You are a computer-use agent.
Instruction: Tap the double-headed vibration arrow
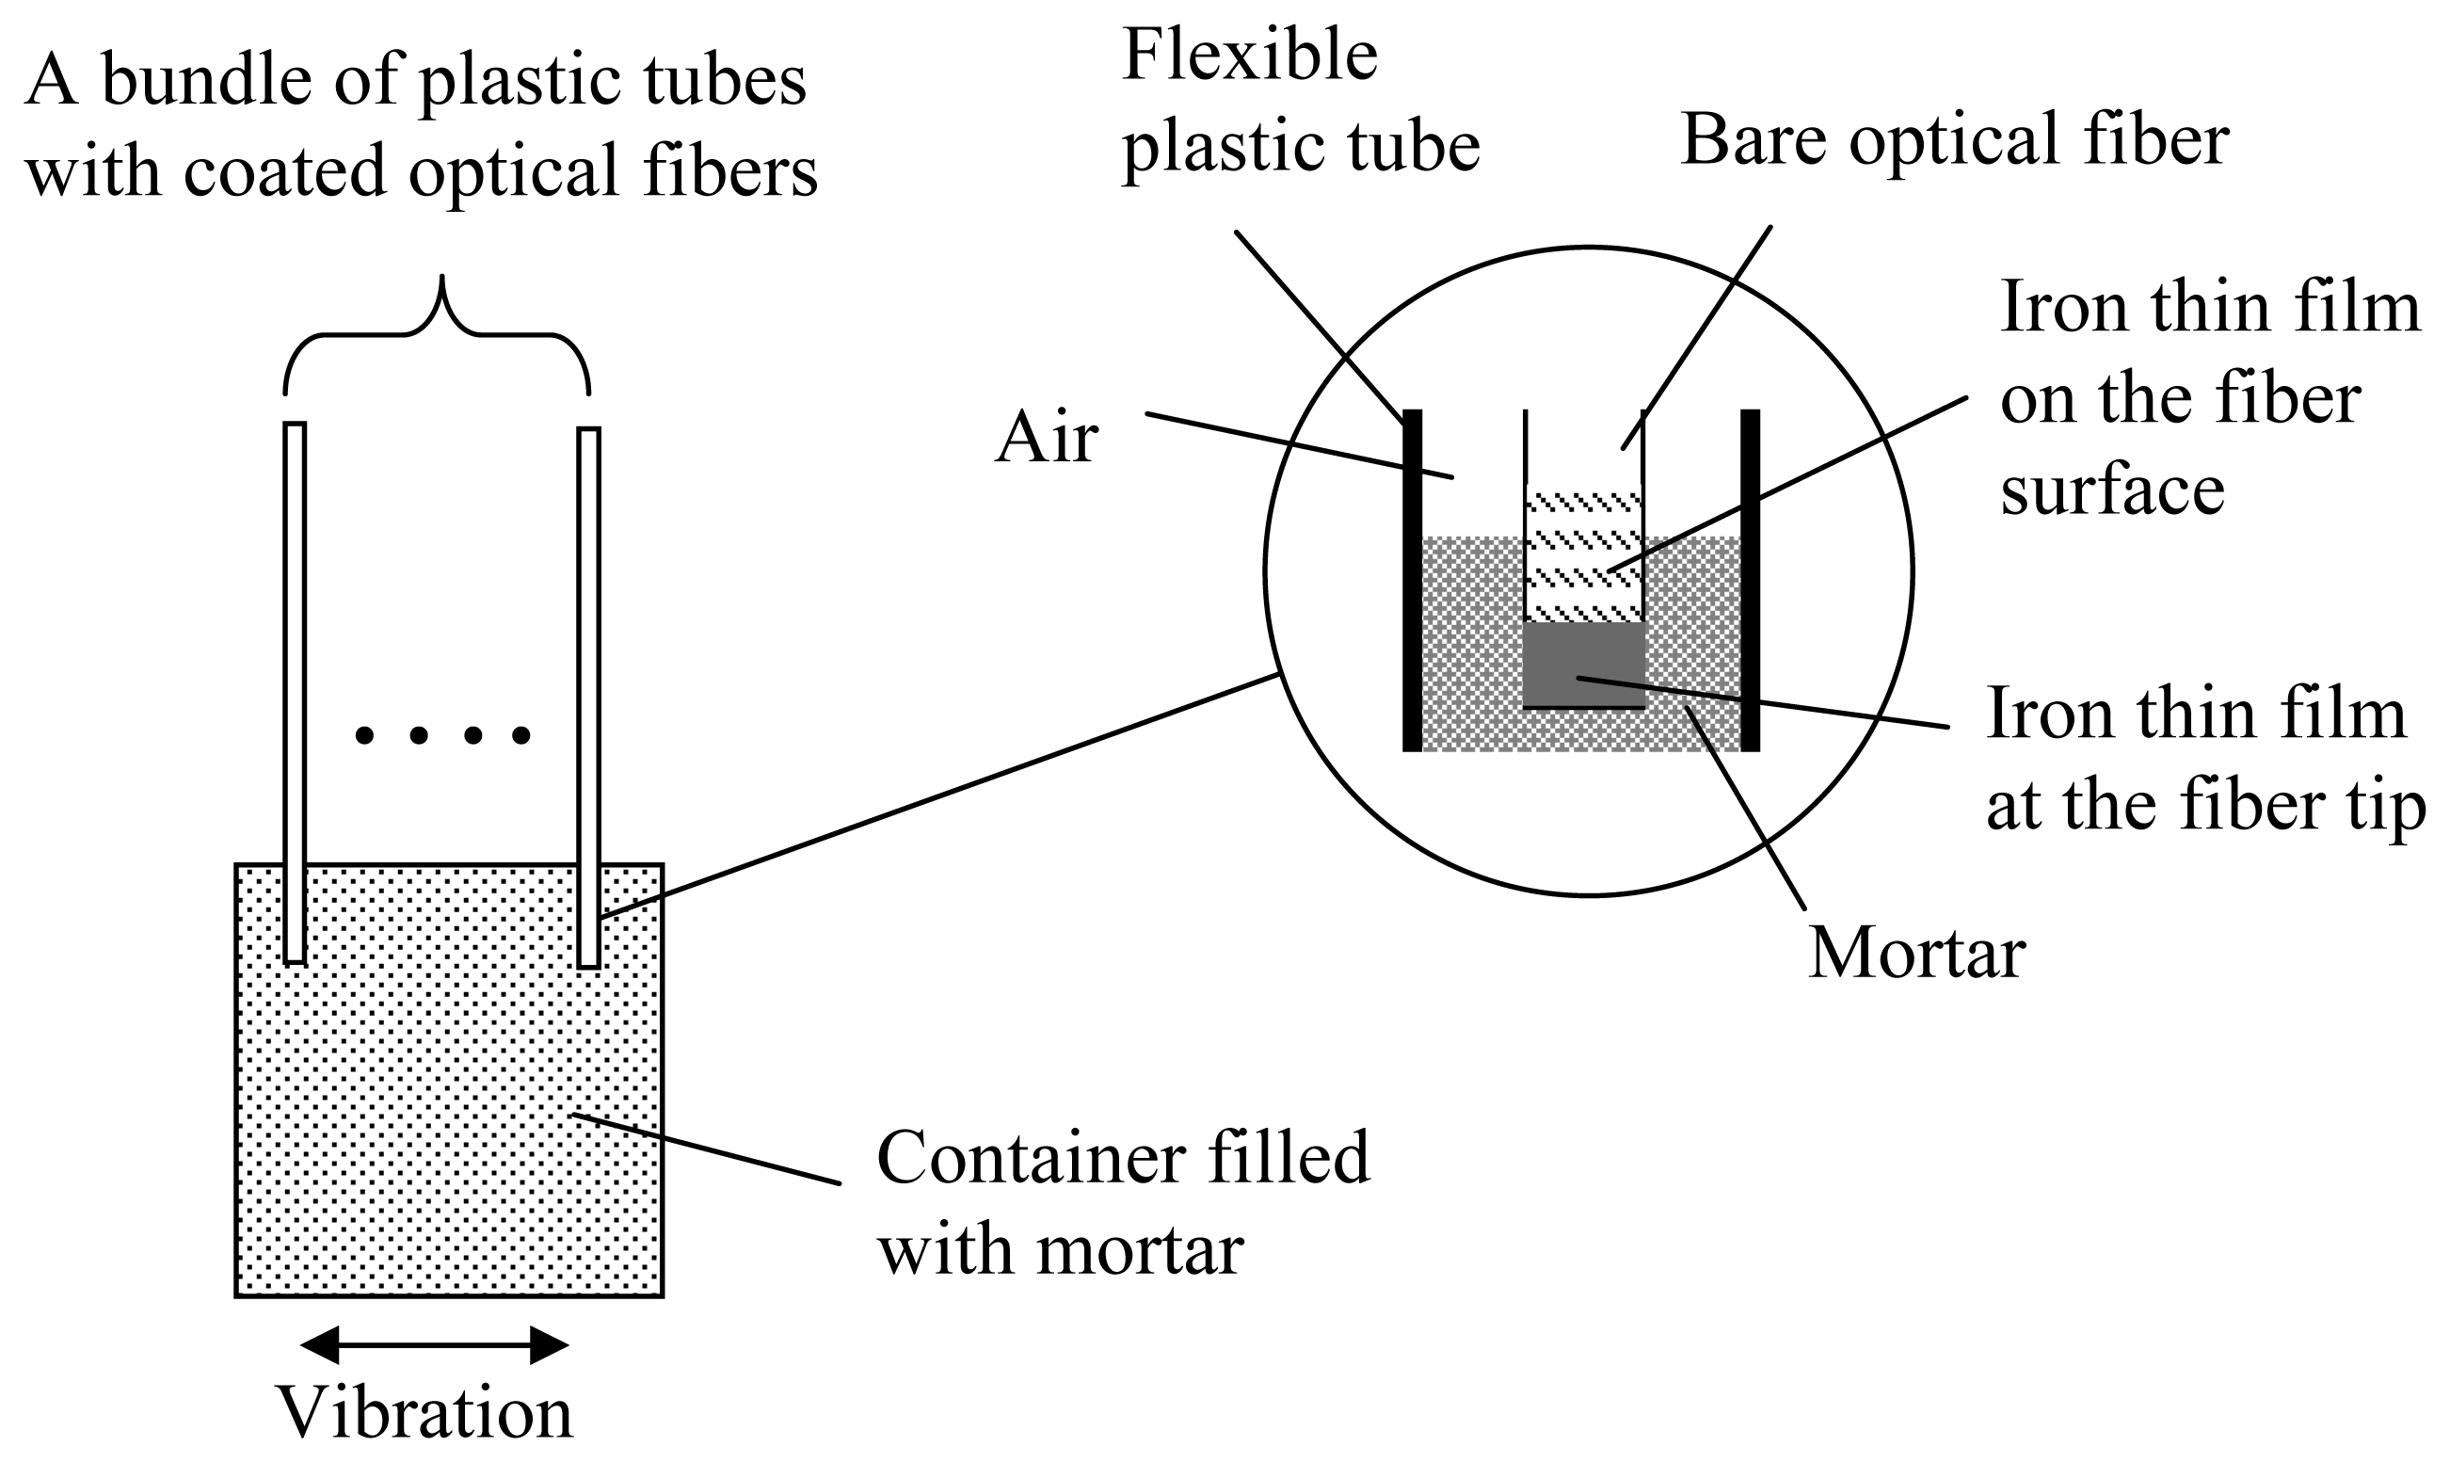(x=434, y=1344)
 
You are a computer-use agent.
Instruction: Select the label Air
(x=1046, y=439)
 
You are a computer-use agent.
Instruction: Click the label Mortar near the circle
(x=1916, y=955)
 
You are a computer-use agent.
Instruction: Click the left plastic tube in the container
(x=295, y=690)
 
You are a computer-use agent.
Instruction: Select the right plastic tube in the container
(x=589, y=690)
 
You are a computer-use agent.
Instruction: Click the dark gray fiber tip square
(x=1583, y=665)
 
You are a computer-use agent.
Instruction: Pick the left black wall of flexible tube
(x=1412, y=581)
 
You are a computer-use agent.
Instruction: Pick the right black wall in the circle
(x=1750, y=581)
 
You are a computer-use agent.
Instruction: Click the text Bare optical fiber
(x=1955, y=141)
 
